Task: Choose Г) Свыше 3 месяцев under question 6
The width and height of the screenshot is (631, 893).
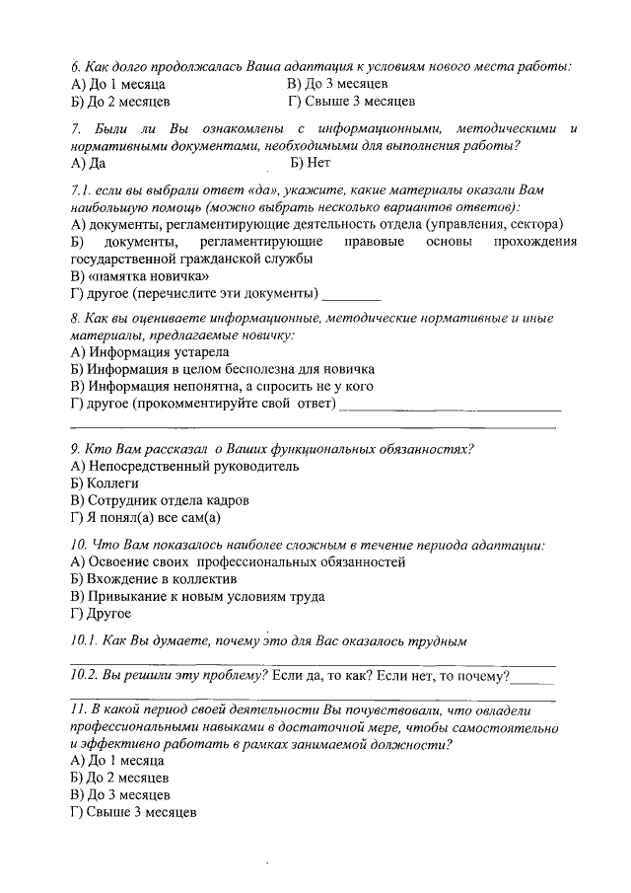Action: (x=350, y=101)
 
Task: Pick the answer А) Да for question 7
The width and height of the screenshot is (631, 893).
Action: (x=89, y=163)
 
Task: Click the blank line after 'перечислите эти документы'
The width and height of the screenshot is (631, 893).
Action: (x=352, y=294)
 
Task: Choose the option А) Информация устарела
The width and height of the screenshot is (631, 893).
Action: (x=150, y=352)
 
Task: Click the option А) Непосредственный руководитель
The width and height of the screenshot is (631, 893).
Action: (x=185, y=466)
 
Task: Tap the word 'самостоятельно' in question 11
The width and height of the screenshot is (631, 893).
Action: (x=509, y=727)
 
